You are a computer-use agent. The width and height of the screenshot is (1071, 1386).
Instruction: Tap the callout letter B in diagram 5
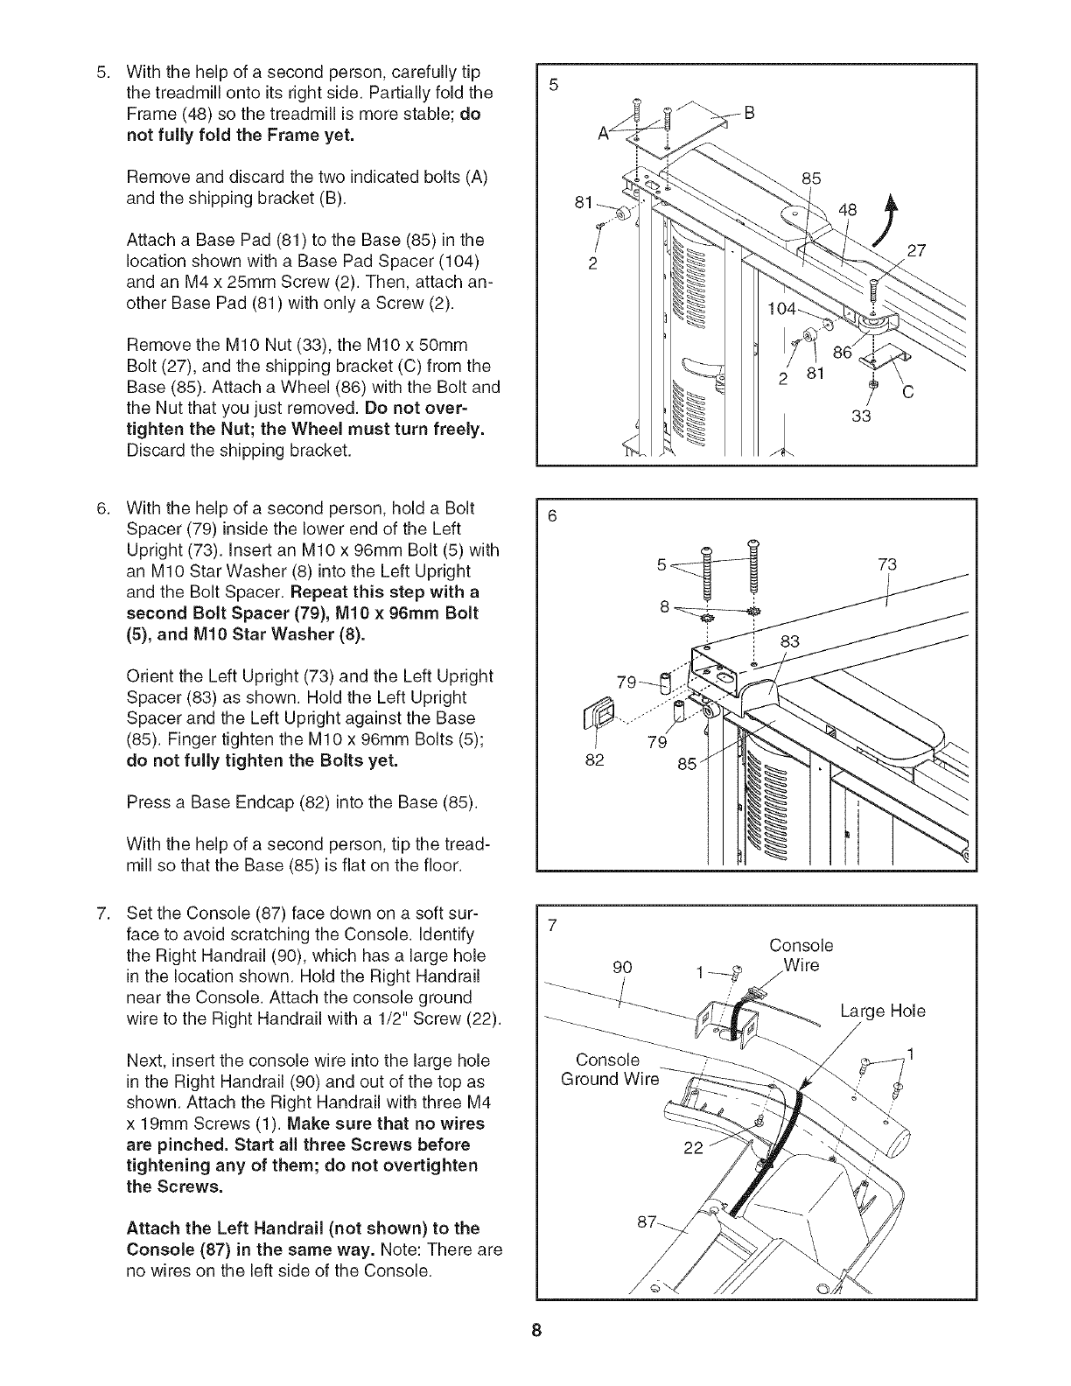tap(749, 112)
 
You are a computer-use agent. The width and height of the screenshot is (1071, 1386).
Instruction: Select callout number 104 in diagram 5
tap(781, 309)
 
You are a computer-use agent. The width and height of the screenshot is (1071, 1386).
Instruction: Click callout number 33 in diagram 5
tap(862, 416)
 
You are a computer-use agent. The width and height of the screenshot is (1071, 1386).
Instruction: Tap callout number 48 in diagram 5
tap(848, 210)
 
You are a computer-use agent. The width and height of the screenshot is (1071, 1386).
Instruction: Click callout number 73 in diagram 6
tap(886, 564)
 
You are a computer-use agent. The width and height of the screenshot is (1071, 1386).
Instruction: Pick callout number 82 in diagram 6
tap(595, 759)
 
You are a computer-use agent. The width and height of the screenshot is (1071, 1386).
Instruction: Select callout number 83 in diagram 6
tap(790, 641)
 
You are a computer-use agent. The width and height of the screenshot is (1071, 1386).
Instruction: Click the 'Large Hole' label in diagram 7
tap(883, 1012)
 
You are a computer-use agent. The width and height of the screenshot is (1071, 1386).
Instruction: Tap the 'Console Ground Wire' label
tap(609, 1069)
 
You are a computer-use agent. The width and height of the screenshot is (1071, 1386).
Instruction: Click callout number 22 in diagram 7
tap(692, 1149)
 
